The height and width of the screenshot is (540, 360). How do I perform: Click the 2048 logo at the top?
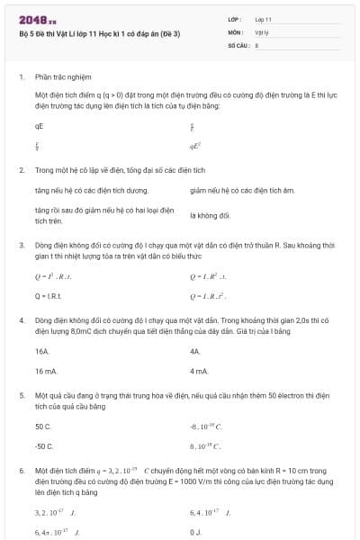[x=37, y=19]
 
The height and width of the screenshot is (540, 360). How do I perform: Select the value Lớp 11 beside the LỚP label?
[x=264, y=19]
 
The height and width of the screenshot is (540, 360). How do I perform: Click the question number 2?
[x=21, y=169]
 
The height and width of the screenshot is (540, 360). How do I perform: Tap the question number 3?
[x=21, y=245]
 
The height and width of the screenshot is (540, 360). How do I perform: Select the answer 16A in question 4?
[x=42, y=351]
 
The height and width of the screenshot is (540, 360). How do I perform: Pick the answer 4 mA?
[x=199, y=371]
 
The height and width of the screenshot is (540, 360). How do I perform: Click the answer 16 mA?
[x=46, y=371]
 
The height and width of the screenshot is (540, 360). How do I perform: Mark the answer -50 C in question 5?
[x=44, y=446]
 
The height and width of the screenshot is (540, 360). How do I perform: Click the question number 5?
[x=21, y=396]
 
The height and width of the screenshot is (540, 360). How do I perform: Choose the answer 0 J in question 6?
[x=195, y=533]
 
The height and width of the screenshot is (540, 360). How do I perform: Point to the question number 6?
[x=21, y=471]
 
